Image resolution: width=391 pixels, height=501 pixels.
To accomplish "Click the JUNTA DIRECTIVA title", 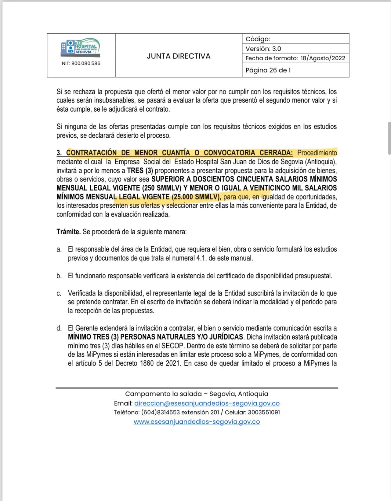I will pyautogui.click(x=179, y=56).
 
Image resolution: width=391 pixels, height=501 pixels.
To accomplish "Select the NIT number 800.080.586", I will pyautogui.click(x=86, y=63).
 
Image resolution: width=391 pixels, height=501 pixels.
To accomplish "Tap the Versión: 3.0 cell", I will pyautogui.click(x=263, y=49).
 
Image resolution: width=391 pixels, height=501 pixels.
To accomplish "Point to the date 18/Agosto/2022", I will pyautogui.click(x=323, y=58).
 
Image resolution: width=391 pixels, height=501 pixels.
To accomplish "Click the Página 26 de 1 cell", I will pyautogui.click(x=268, y=70).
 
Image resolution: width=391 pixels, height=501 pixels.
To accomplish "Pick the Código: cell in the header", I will pyautogui.click(x=258, y=39).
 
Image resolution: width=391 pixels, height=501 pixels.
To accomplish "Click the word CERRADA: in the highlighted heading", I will pyautogui.click(x=276, y=153).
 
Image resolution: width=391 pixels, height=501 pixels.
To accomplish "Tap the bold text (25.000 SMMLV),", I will pyautogui.click(x=197, y=196).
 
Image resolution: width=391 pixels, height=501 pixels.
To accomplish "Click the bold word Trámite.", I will pyautogui.click(x=69, y=232).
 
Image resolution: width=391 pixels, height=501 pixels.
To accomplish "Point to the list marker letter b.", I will pyautogui.click(x=59, y=276).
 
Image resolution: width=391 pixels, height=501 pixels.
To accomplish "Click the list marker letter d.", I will pyautogui.click(x=59, y=328).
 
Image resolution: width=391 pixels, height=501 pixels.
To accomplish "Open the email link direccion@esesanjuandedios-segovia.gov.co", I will pyautogui.click(x=207, y=403).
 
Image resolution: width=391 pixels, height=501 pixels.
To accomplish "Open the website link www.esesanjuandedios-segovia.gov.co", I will pyautogui.click(x=197, y=421).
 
